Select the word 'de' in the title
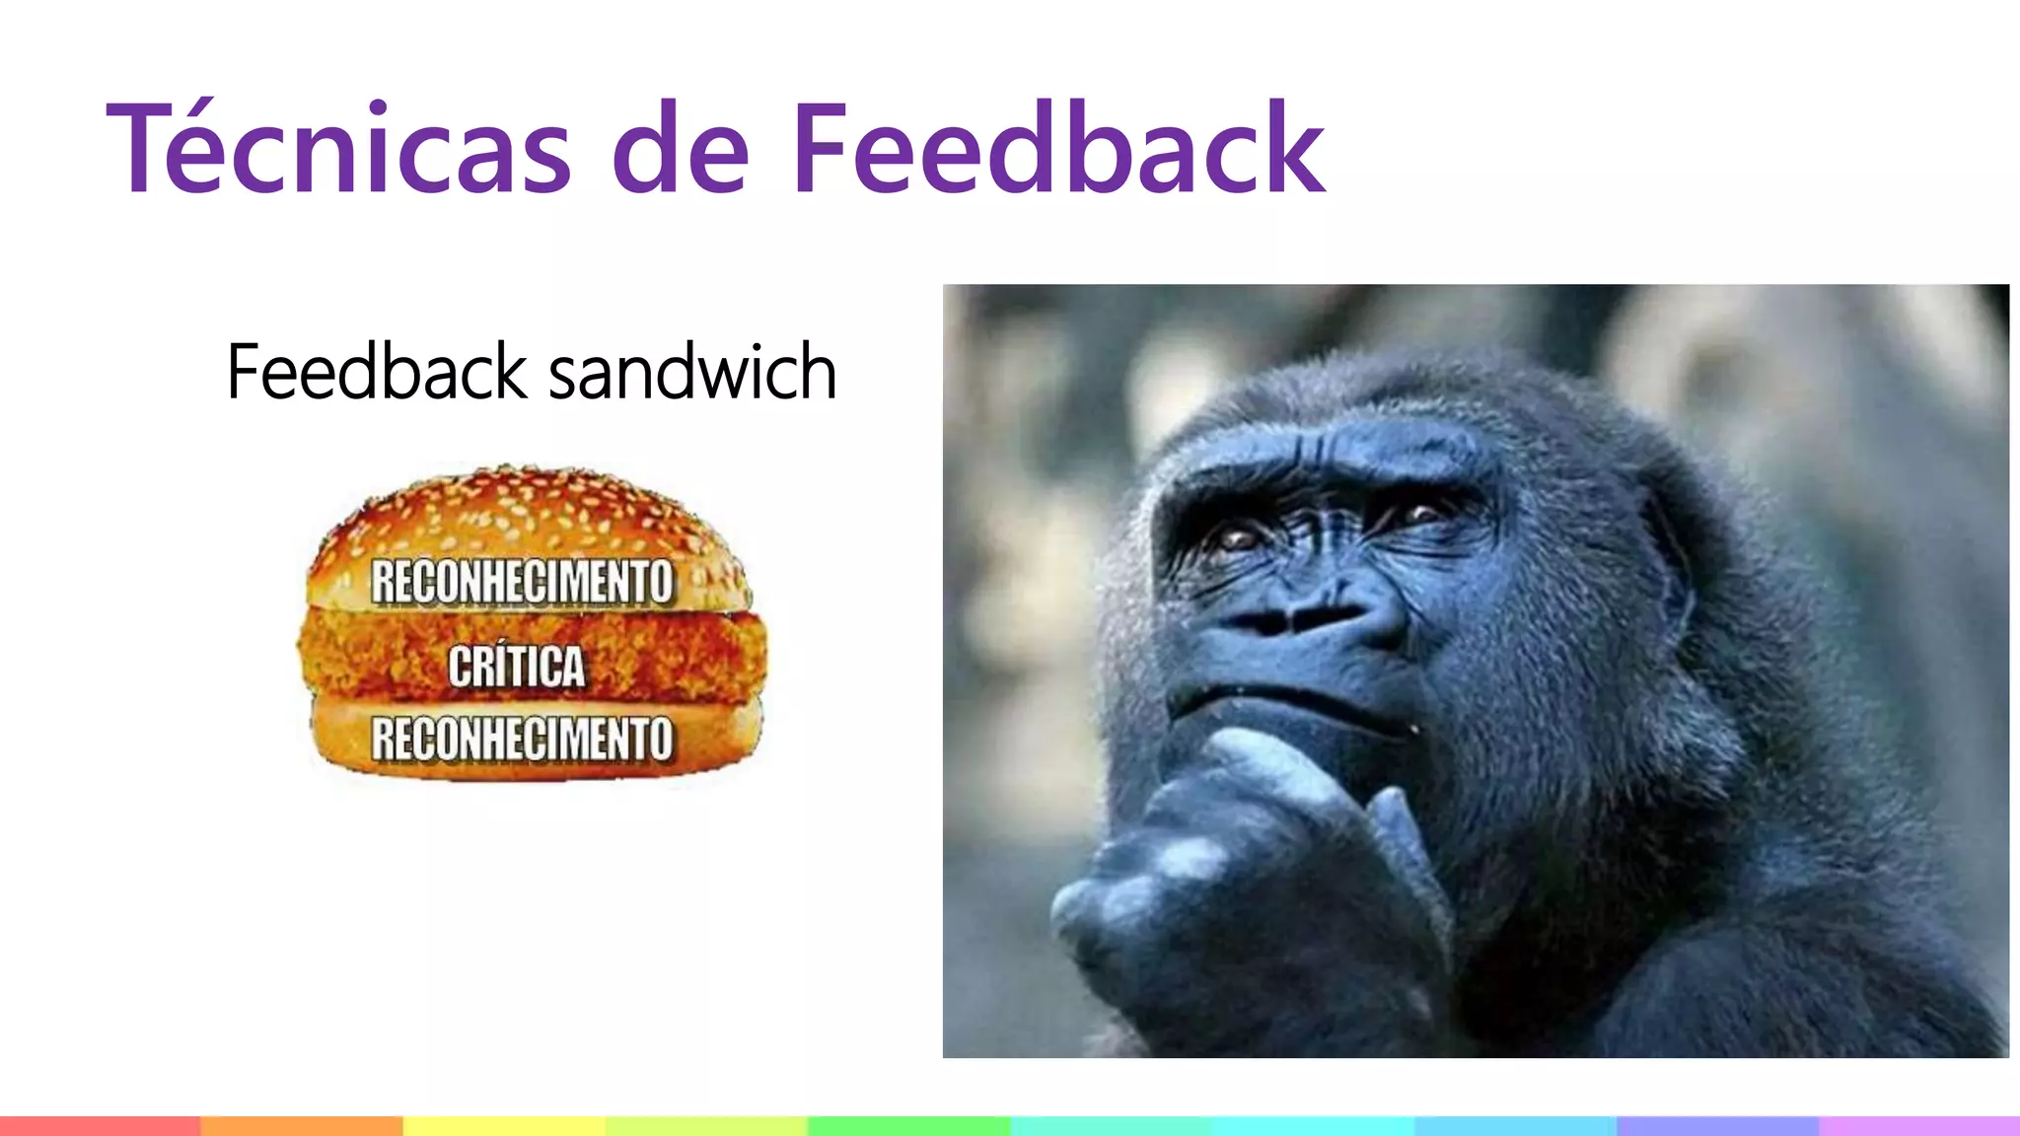(x=681, y=153)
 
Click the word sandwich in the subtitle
(x=692, y=373)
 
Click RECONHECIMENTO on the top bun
(x=522, y=581)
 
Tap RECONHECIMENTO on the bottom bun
(x=522, y=739)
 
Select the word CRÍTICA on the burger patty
(x=517, y=666)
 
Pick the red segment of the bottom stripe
(x=100, y=1126)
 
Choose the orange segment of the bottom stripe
(x=301, y=1126)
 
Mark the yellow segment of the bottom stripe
(x=503, y=1126)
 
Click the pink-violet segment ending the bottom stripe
(x=1919, y=1126)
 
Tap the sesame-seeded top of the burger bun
(x=523, y=508)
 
